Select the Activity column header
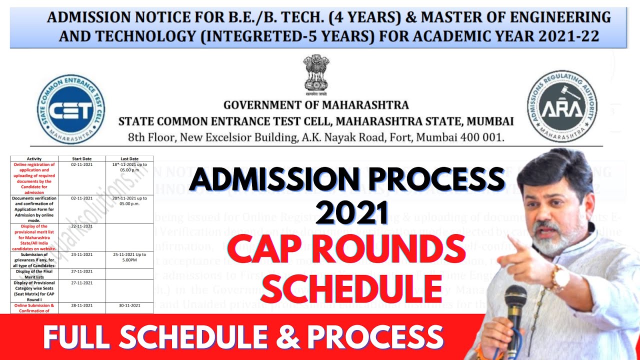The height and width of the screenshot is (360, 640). [34, 158]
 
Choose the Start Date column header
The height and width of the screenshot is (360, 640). [82, 158]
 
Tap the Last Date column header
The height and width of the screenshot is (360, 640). [129, 158]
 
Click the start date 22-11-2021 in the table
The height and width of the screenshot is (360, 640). [82, 226]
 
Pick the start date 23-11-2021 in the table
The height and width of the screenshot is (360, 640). [82, 254]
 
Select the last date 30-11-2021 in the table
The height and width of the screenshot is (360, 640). [129, 305]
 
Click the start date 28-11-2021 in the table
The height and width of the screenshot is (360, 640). [82, 305]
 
